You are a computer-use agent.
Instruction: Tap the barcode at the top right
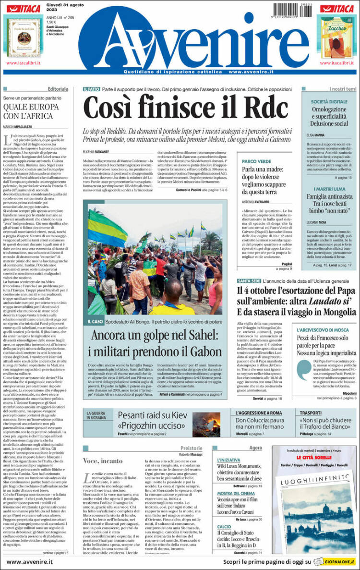click(x=293, y=9)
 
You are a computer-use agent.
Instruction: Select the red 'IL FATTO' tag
click(x=91, y=89)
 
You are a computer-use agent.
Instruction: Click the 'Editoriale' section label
click(x=58, y=89)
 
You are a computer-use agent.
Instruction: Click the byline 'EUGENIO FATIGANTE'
click(x=96, y=152)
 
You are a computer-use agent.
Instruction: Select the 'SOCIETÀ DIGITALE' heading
click(x=329, y=102)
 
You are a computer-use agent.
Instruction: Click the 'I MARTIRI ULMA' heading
click(x=329, y=189)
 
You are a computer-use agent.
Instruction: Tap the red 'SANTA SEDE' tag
click(x=249, y=280)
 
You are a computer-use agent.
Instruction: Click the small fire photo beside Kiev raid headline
click(x=206, y=424)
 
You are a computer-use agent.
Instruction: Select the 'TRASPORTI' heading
click(x=311, y=412)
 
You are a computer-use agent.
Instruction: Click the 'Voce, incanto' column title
click(x=103, y=461)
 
